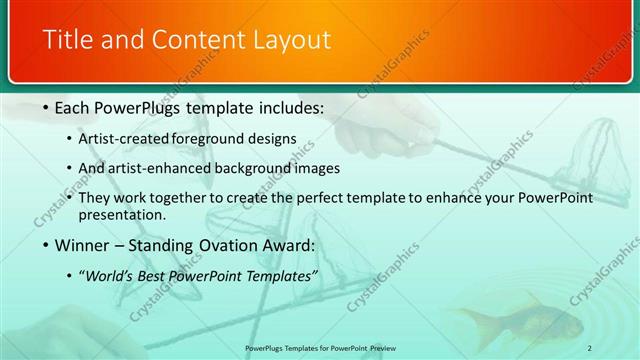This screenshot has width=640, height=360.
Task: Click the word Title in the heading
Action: pos(66,40)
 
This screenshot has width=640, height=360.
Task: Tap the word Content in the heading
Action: pos(189,40)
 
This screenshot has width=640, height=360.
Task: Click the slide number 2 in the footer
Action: pos(590,347)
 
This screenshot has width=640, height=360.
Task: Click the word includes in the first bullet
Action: pos(294,107)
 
